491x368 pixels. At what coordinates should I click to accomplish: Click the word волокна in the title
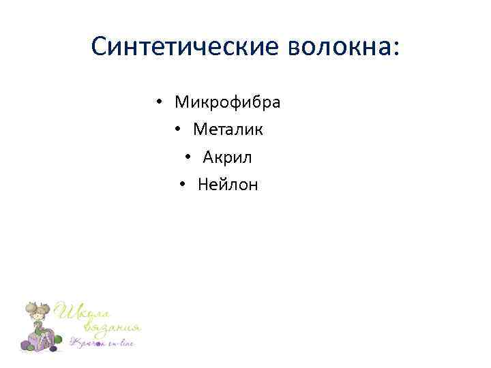336,47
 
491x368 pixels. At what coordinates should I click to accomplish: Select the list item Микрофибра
228,103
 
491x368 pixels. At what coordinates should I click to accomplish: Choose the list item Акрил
227,157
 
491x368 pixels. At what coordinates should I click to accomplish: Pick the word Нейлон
228,185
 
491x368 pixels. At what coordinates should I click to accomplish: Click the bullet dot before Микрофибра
158,104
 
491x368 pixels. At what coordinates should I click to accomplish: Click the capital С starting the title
99,47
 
